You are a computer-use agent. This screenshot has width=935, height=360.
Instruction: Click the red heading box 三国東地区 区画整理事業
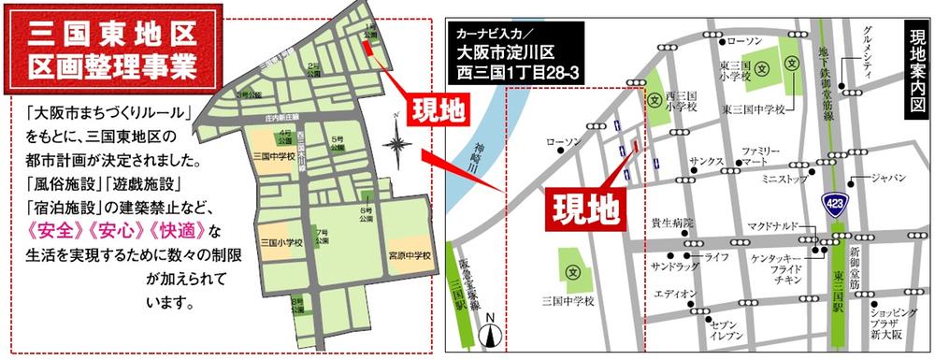point(110,52)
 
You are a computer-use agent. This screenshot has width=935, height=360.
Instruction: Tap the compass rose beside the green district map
point(399,145)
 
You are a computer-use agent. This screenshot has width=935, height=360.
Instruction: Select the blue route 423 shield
point(832,202)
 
